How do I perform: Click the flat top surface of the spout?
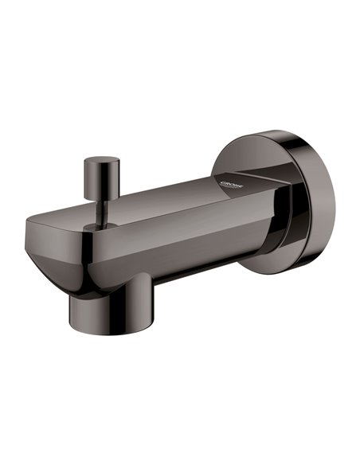pos(159,203)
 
